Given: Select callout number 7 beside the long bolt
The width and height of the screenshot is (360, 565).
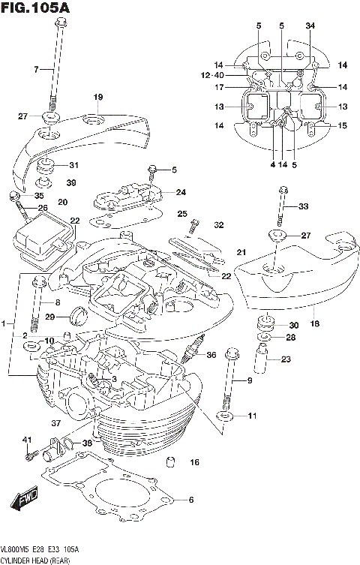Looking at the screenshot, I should pyautogui.click(x=34, y=70).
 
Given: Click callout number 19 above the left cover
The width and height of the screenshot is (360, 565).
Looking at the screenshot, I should pyautogui.click(x=97, y=98).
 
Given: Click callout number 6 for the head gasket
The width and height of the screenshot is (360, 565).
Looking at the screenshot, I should pyautogui.click(x=190, y=500).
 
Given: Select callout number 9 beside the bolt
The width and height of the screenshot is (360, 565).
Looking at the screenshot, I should pyautogui.click(x=250, y=381).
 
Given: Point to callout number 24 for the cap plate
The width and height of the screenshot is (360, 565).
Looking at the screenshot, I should pyautogui.click(x=181, y=192).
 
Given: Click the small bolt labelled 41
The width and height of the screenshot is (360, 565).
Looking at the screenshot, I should pyautogui.click(x=30, y=455).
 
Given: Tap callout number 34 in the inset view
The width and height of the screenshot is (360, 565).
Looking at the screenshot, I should pyautogui.click(x=310, y=27).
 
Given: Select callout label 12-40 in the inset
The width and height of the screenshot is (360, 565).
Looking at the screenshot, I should pyautogui.click(x=212, y=75).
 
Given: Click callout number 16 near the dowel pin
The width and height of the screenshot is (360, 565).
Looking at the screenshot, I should pyautogui.click(x=194, y=462).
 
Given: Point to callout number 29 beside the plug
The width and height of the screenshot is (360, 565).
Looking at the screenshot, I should pyautogui.click(x=49, y=317).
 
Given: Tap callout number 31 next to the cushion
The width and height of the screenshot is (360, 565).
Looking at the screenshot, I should pyautogui.click(x=73, y=166).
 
